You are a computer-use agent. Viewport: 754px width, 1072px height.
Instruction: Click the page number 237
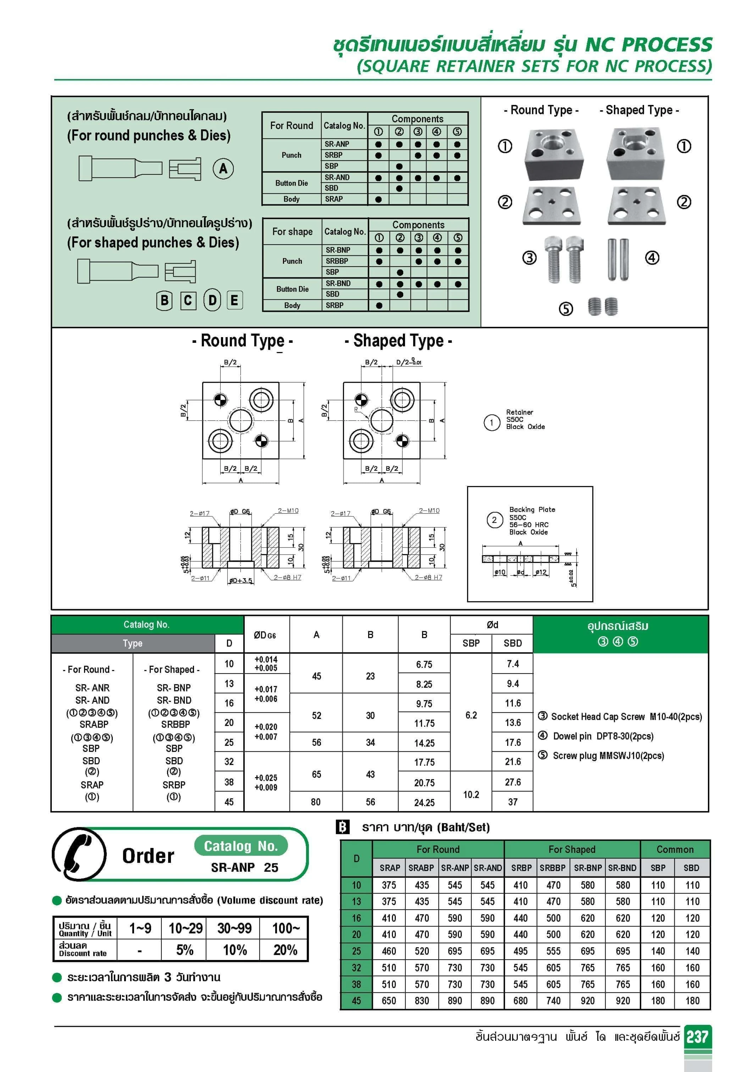(x=697, y=1037)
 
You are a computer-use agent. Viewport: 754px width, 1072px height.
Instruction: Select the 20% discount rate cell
(x=285, y=950)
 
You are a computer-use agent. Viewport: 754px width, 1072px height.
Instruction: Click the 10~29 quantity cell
(x=185, y=928)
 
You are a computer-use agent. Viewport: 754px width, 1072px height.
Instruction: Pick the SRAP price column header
(x=390, y=867)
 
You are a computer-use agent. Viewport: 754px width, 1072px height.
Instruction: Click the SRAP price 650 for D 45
(x=389, y=1000)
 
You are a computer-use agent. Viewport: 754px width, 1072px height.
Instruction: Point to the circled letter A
(x=223, y=168)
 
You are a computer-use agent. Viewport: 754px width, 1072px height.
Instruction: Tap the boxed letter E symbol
(x=234, y=300)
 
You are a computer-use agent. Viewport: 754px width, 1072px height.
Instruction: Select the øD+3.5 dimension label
(x=240, y=580)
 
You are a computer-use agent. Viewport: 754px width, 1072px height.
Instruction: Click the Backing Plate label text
(x=532, y=509)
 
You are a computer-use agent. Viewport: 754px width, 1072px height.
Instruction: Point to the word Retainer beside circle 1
(x=520, y=412)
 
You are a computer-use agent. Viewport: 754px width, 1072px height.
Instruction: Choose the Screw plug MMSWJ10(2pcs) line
(x=608, y=755)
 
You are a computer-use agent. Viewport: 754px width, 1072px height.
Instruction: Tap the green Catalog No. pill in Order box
(x=240, y=845)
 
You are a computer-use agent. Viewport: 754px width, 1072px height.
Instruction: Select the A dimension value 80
(x=316, y=802)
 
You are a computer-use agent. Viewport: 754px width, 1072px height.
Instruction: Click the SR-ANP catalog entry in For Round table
(x=337, y=144)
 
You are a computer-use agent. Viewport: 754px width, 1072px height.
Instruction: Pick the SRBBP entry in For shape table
(x=337, y=261)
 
